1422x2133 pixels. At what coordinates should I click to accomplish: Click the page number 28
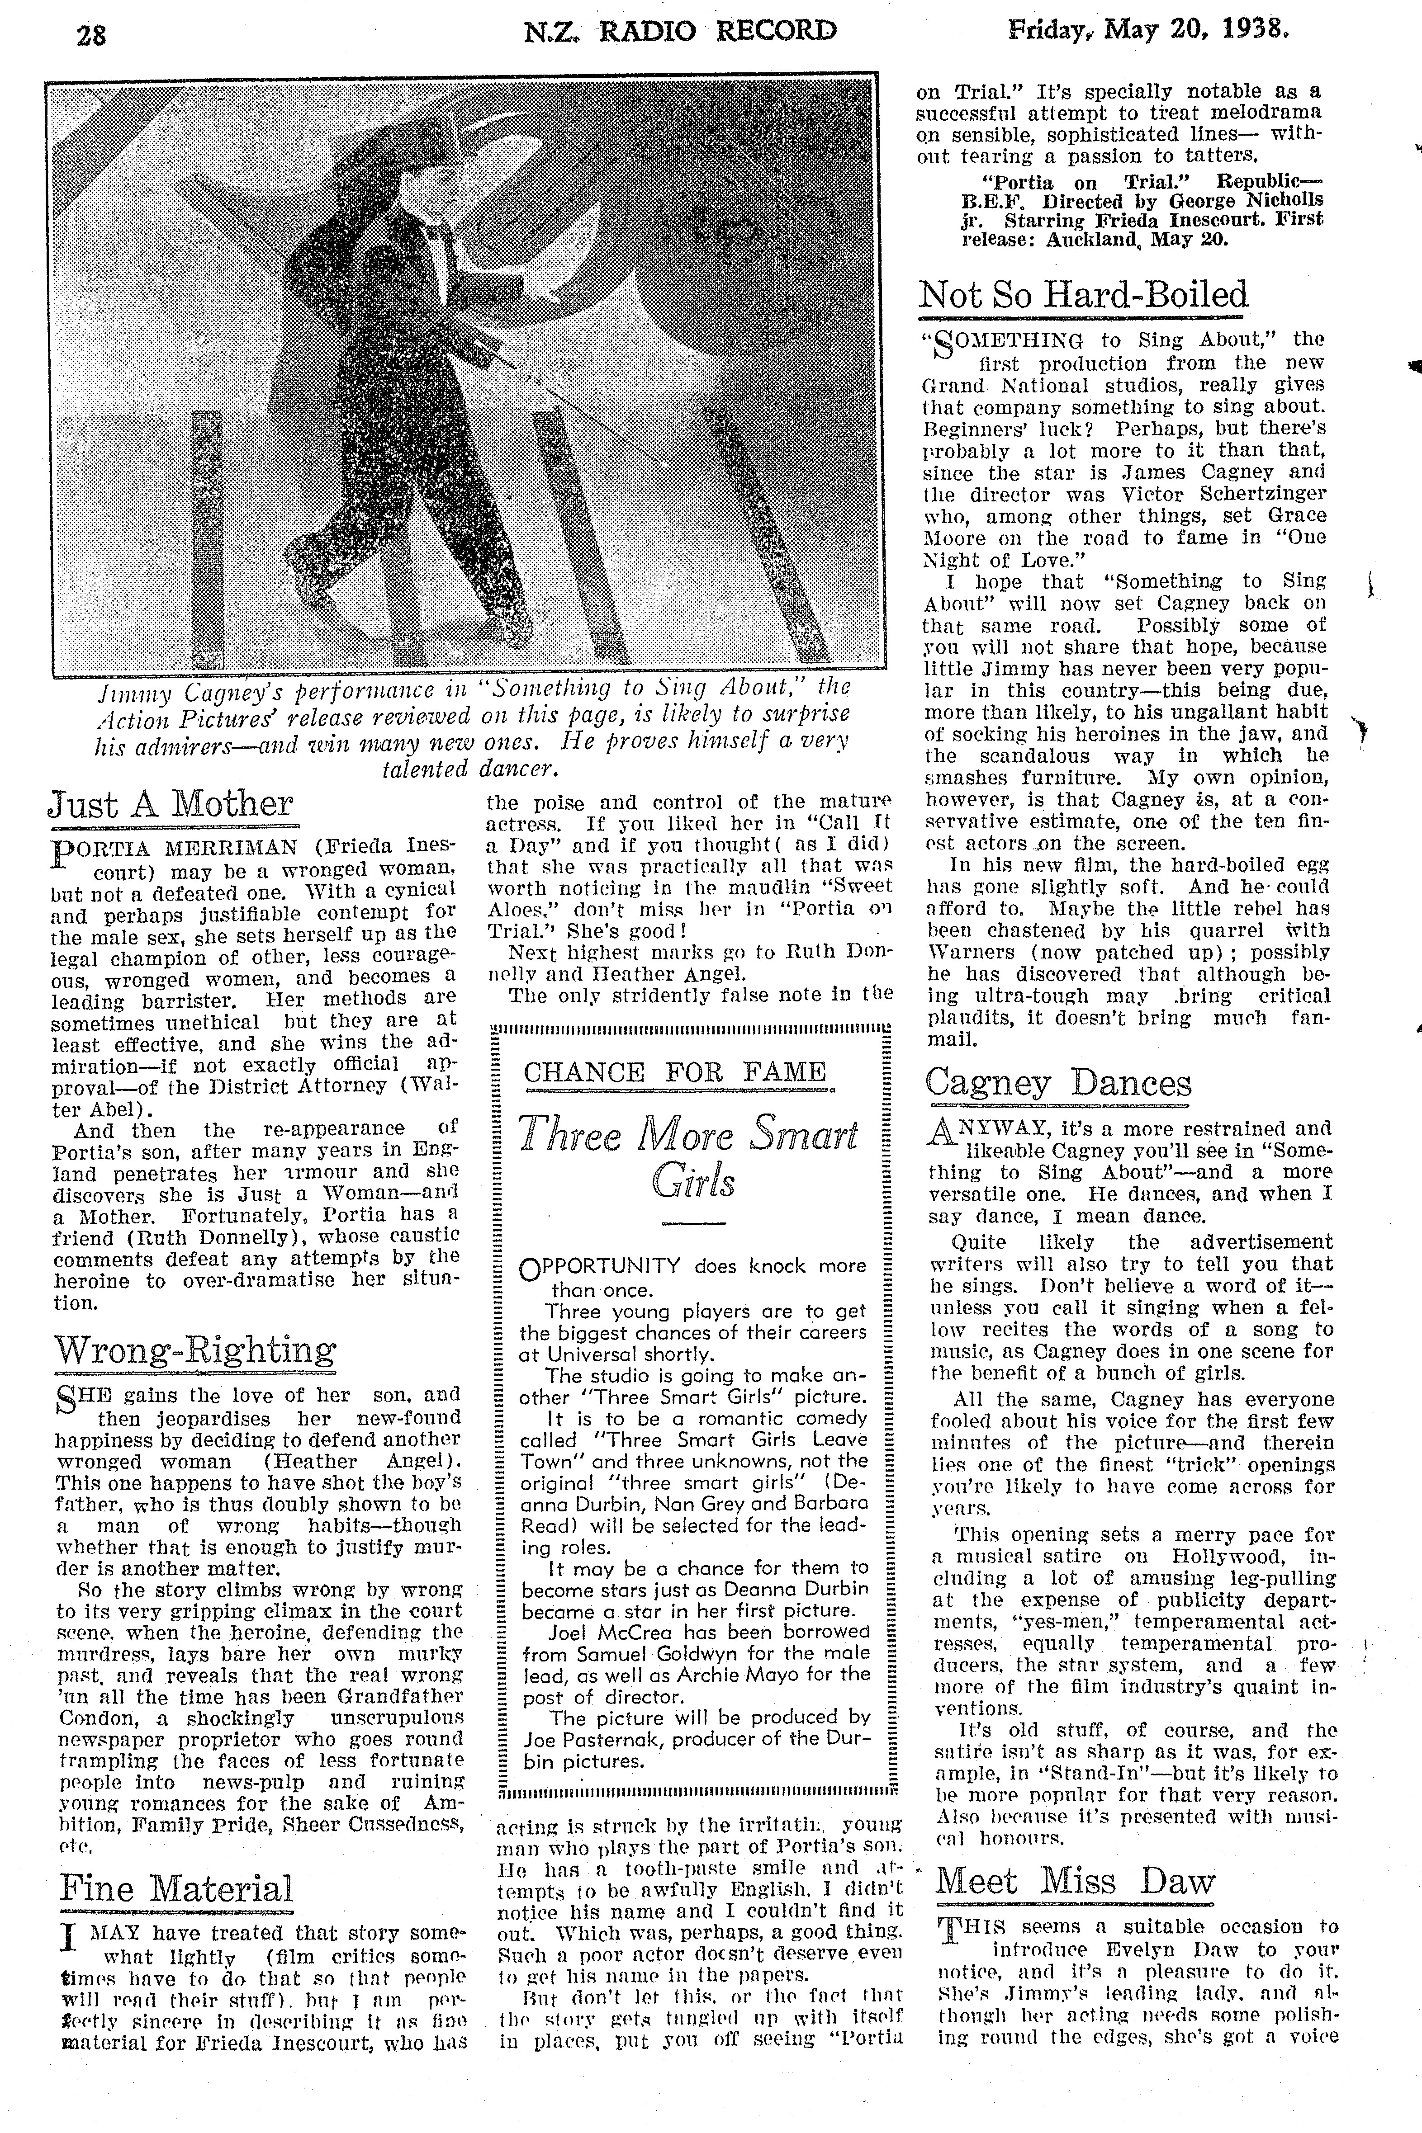pyautogui.click(x=91, y=34)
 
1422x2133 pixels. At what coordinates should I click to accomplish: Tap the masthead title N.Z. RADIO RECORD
pyautogui.click(x=680, y=32)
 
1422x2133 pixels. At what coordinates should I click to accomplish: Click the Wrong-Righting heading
pyautogui.click(x=194, y=1351)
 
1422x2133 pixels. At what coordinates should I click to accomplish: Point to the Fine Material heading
pyautogui.click(x=176, y=1889)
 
